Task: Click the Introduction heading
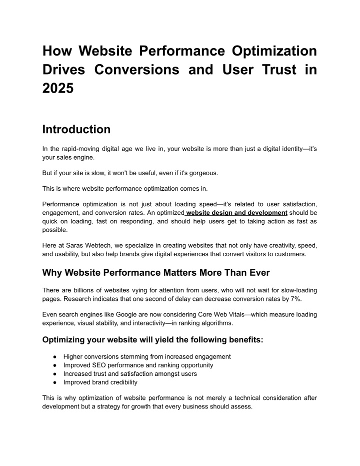[76, 130]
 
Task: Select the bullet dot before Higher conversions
[53, 357]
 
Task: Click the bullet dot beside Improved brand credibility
[53, 382]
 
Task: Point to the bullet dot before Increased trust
[53, 374]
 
